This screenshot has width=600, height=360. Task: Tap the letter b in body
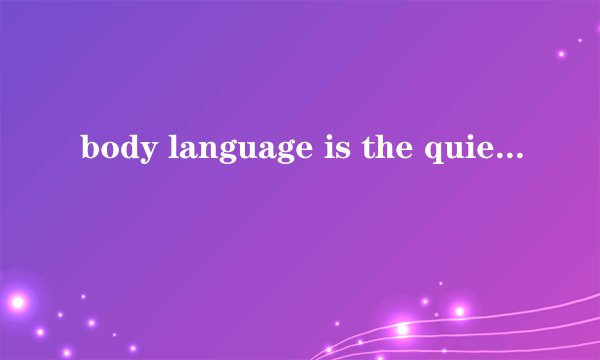click(x=88, y=150)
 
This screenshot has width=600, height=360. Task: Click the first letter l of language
click(x=159, y=150)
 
